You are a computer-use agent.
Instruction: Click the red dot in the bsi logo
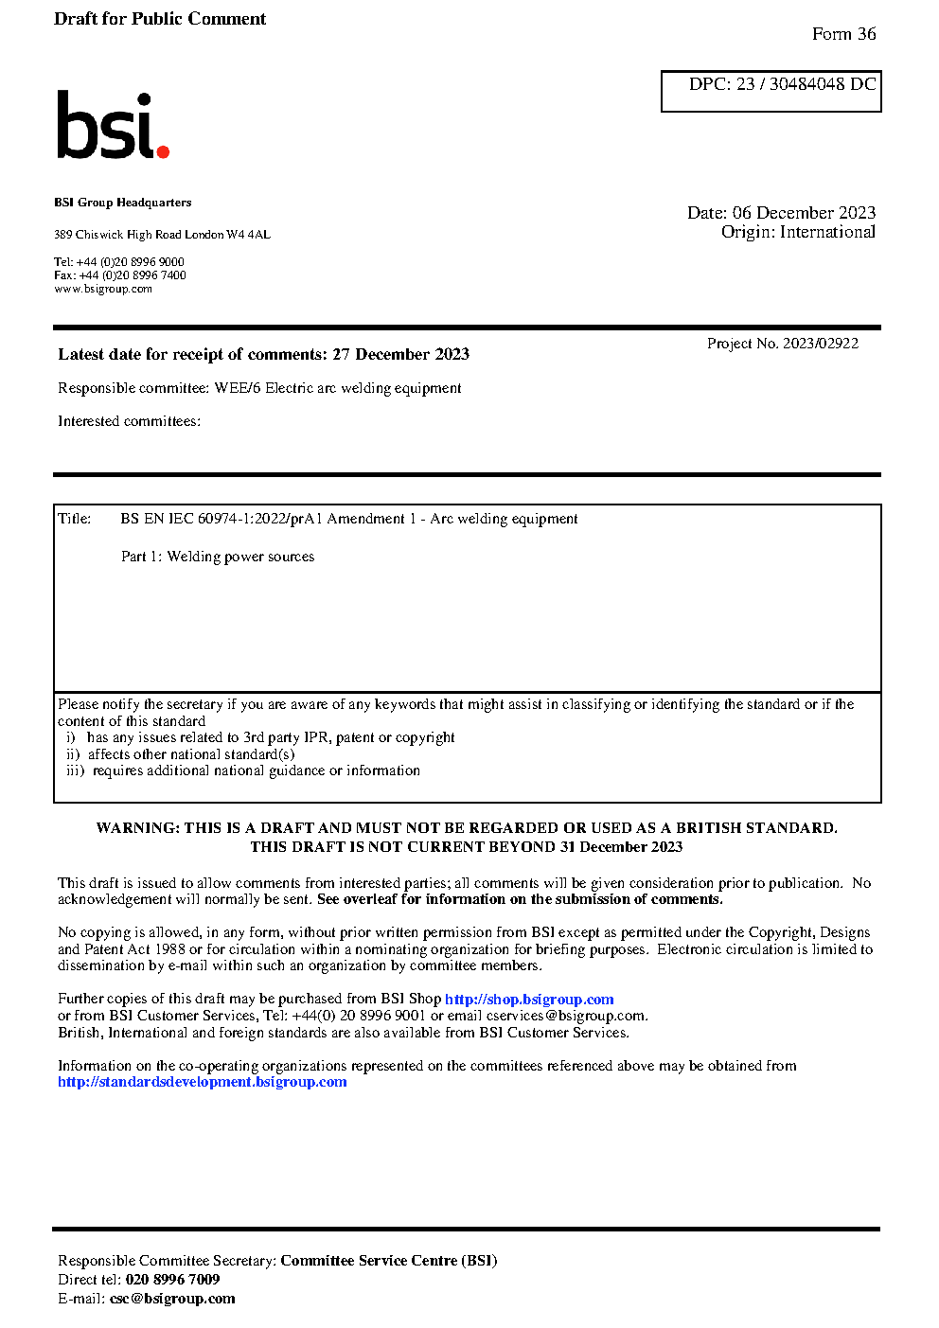click(163, 151)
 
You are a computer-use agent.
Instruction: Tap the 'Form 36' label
click(843, 34)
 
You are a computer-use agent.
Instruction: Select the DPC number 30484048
click(806, 84)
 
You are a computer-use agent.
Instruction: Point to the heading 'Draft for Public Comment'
click(160, 19)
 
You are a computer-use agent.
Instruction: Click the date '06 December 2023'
click(804, 213)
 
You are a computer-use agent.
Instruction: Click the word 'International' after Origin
click(827, 232)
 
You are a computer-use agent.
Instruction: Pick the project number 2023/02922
click(820, 344)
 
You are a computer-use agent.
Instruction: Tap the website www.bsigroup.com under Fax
click(103, 289)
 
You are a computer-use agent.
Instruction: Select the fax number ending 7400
click(133, 275)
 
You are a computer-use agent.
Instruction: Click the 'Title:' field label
click(75, 519)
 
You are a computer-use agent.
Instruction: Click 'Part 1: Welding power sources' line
click(218, 557)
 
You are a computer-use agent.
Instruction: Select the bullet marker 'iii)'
click(75, 770)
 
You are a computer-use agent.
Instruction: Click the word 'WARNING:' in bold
click(138, 828)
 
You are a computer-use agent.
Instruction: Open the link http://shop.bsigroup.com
click(529, 1000)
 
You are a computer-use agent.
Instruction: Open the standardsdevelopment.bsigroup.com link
click(202, 1082)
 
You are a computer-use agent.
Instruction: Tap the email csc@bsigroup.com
click(172, 1299)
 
